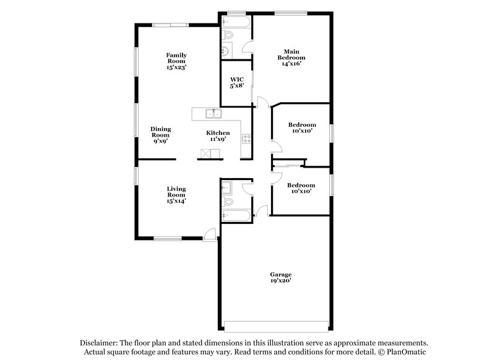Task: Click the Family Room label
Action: [176, 60]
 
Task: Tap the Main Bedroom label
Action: [291, 56]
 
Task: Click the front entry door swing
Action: [211, 234]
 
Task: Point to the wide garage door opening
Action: [277, 326]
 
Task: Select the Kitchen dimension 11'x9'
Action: [218, 139]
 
